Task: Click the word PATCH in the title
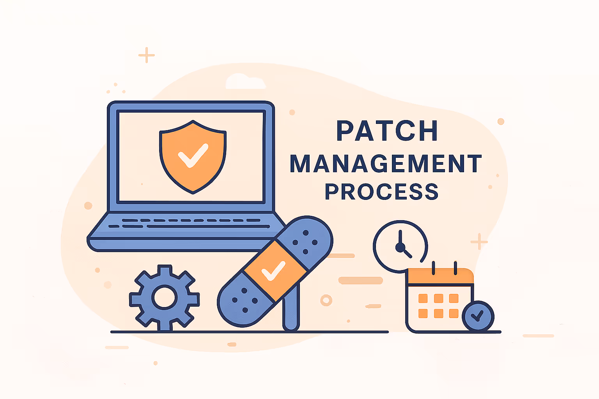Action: click(x=387, y=131)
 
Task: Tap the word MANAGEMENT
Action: click(x=386, y=164)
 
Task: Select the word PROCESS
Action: click(x=382, y=192)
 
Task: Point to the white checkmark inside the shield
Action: click(x=193, y=155)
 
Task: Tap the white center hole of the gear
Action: click(x=164, y=298)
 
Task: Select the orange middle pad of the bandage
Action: click(x=275, y=270)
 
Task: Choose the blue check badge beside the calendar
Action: click(x=478, y=316)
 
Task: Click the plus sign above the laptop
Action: click(x=147, y=55)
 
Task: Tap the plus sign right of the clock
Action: click(x=479, y=242)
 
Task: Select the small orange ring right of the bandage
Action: click(x=326, y=300)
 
